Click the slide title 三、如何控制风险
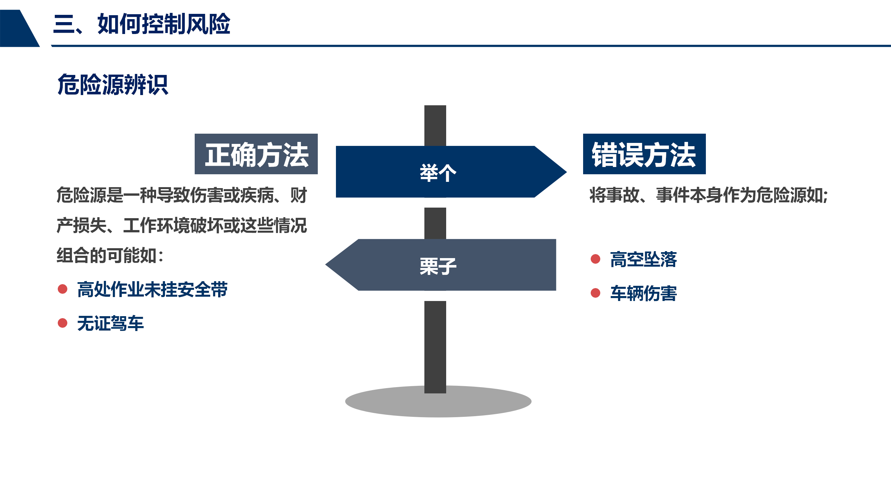click(x=142, y=24)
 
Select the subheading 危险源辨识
click(x=113, y=84)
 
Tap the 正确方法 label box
click(x=256, y=154)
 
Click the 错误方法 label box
click(x=644, y=154)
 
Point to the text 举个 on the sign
click(x=438, y=173)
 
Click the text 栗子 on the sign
click(x=438, y=266)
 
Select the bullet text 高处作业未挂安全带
click(x=152, y=289)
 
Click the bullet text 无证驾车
click(x=110, y=323)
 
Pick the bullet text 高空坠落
click(x=643, y=259)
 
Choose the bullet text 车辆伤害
click(x=643, y=293)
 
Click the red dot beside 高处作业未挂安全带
click(x=63, y=289)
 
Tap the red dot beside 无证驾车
click(x=63, y=323)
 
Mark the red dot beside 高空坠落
click(x=595, y=259)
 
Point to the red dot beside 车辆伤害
click(x=595, y=293)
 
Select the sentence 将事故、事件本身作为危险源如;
click(x=709, y=195)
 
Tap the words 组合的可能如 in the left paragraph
click(x=107, y=256)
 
